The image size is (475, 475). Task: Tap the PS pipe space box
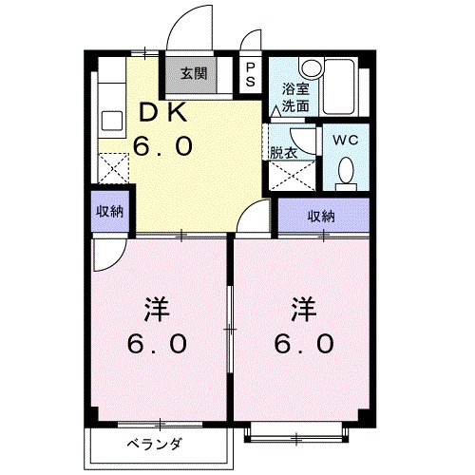click(250, 74)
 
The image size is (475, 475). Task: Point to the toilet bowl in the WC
click(346, 172)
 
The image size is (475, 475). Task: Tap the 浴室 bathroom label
click(294, 89)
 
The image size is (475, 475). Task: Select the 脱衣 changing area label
click(284, 152)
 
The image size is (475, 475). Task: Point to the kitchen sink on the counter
click(111, 123)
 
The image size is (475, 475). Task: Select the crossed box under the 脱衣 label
click(284, 177)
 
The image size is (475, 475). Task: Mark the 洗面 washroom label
click(294, 106)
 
